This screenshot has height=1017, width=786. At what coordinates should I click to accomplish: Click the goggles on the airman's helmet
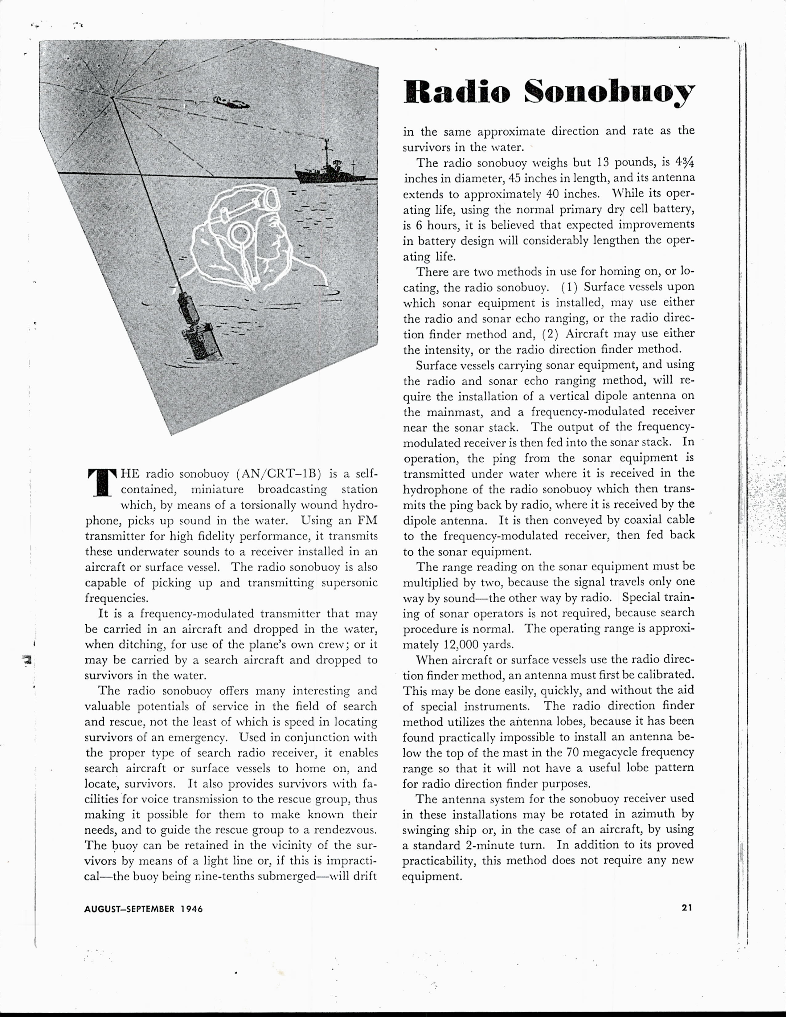tap(268, 202)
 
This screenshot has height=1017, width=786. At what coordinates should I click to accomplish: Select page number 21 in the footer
tap(687, 908)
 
